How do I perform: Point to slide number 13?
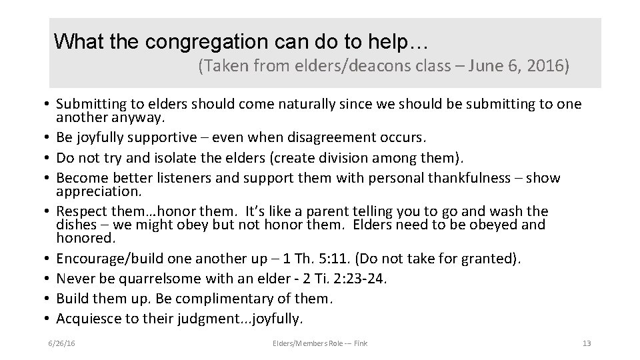pos(587,343)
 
